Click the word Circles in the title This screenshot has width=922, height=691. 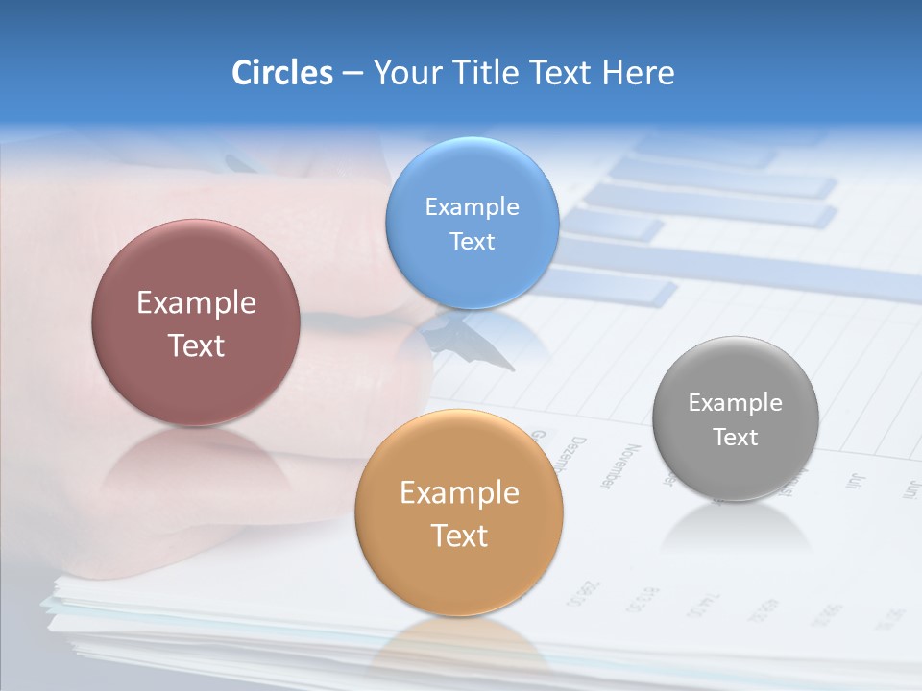pos(282,73)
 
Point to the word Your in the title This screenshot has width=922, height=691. pos(406,73)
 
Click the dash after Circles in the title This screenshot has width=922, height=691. pos(352,74)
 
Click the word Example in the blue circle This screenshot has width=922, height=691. pos(472,206)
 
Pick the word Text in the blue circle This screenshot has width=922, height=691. pos(472,241)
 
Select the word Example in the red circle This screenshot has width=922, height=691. pos(196,302)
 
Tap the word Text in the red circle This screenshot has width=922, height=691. pos(196,345)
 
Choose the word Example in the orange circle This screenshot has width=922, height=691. pos(459,492)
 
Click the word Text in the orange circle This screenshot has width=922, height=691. pos(459,536)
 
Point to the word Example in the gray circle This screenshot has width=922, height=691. pos(735,402)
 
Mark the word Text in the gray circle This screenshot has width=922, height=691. pos(735,437)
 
